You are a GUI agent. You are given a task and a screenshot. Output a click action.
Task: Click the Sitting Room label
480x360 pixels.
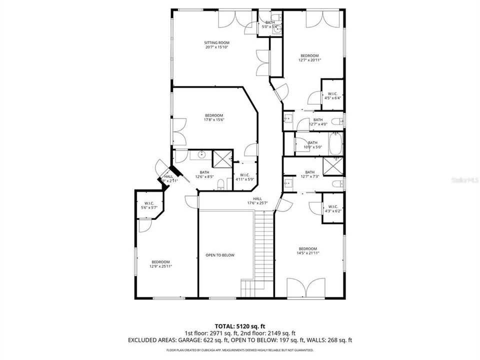[x=216, y=45]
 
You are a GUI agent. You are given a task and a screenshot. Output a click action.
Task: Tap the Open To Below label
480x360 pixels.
[x=220, y=255]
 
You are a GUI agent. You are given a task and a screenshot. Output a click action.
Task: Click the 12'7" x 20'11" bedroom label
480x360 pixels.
[x=309, y=57]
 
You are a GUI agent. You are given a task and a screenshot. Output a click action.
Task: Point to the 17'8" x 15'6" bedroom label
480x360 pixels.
[x=213, y=117]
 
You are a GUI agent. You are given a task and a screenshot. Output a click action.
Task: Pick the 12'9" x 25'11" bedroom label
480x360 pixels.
[x=160, y=264]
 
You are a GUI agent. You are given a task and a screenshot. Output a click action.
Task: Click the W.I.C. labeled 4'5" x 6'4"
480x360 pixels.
[x=332, y=95]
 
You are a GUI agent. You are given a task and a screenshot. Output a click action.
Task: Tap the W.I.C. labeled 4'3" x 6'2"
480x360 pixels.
[x=332, y=208]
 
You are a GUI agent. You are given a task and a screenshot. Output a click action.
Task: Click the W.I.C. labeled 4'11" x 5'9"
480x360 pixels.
[x=245, y=176]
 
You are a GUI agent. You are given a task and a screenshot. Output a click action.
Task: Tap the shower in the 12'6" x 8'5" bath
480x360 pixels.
[x=221, y=158]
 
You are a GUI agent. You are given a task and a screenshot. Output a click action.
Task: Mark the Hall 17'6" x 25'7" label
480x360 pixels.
[x=257, y=200]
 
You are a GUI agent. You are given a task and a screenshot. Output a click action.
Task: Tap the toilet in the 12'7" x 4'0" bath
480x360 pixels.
[x=339, y=120]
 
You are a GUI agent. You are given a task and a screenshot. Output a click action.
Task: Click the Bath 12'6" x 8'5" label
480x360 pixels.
[x=204, y=174]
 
